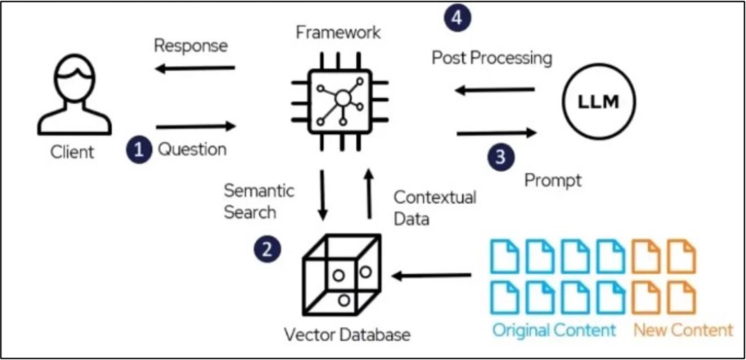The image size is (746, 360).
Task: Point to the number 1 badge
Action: (139, 150)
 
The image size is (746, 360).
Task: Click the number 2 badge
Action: (267, 249)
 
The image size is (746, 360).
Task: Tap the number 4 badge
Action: (457, 18)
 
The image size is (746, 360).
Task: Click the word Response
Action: (191, 46)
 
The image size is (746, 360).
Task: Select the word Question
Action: (192, 150)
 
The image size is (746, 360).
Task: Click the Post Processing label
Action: (492, 59)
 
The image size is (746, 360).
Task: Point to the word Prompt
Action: (553, 181)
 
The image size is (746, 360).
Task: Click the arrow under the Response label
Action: (195, 68)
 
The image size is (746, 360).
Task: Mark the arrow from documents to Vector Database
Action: (431, 275)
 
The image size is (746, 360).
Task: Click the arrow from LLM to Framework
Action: (495, 89)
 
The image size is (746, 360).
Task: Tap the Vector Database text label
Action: (347, 335)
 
